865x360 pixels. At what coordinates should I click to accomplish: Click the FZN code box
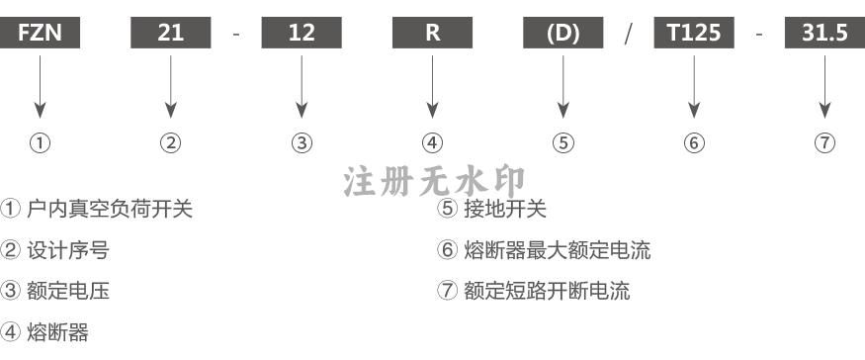pos(40,33)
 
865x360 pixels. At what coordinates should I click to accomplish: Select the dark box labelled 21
pos(170,33)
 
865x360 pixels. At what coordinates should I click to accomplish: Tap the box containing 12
pos(302,33)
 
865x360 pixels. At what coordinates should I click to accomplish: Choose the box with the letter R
pos(433,33)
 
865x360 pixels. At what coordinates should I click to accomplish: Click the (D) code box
pos(563,33)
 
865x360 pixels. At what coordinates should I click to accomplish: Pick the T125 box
pos(694,33)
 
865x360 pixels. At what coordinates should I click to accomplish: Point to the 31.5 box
pos(824,33)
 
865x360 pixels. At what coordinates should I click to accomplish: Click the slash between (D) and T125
pos(629,34)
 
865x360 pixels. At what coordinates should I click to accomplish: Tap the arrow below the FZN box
pos(40,87)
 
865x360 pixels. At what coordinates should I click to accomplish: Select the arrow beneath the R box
pos(433,87)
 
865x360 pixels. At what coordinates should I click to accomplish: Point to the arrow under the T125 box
pos(694,87)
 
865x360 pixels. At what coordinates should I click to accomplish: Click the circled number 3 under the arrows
pos(302,143)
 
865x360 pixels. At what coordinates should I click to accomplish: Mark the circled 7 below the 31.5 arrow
pos(824,143)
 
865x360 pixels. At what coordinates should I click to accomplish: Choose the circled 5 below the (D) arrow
pos(563,143)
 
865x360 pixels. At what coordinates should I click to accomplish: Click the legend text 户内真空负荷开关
pos(110,209)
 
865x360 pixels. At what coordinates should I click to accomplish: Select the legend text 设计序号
pos(68,250)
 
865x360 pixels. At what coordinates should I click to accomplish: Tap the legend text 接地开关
pos(505,209)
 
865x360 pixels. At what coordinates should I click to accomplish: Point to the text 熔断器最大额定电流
pos(558,250)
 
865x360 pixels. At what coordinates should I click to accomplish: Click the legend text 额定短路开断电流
pos(547,291)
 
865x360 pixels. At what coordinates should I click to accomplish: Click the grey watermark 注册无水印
pos(435,182)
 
